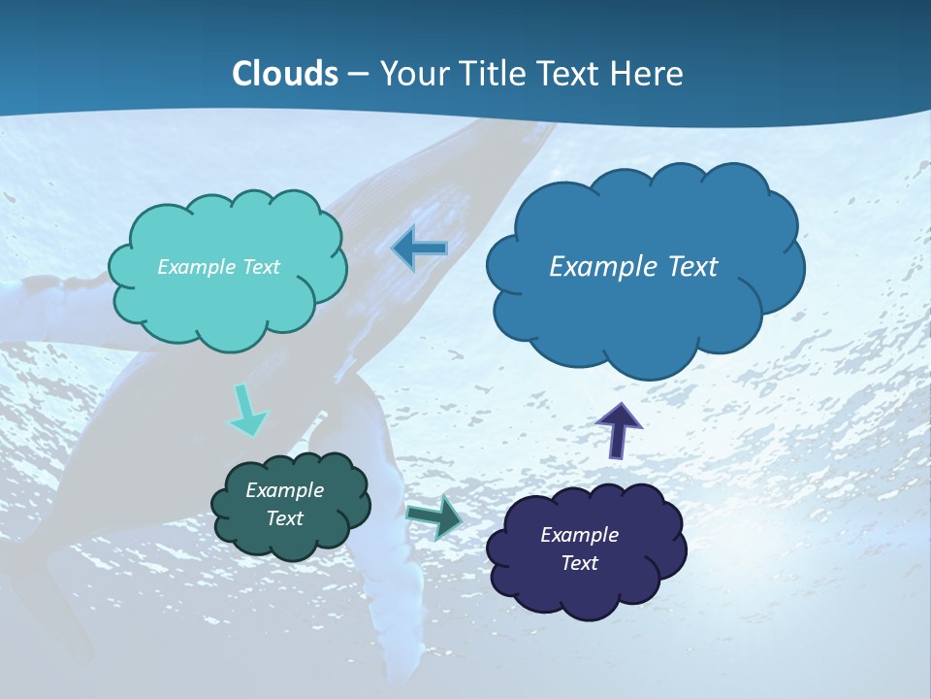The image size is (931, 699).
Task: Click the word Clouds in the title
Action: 285,74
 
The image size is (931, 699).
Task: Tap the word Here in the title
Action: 649,74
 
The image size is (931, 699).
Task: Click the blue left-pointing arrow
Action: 420,249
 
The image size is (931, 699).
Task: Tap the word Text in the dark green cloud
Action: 284,518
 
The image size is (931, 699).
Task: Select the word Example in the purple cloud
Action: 579,535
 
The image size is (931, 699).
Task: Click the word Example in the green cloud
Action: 284,490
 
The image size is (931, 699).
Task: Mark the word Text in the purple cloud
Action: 579,563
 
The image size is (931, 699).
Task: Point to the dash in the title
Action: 358,74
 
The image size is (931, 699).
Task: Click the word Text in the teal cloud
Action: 261,267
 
